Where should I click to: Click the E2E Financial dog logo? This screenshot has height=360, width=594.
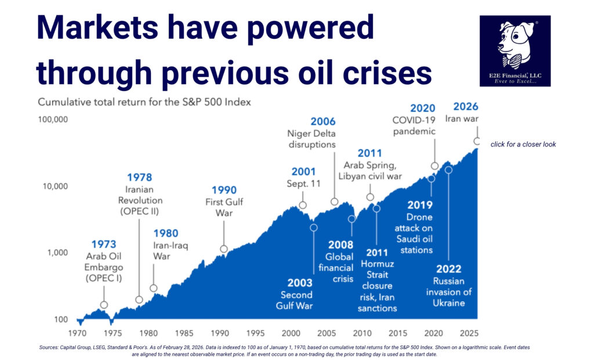click(515, 50)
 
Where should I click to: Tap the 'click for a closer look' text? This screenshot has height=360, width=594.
click(523, 144)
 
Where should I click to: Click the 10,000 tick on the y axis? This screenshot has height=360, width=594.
click(54, 187)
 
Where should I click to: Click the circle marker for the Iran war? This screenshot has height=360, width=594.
click(477, 141)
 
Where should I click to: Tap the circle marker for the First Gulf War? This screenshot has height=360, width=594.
click(224, 249)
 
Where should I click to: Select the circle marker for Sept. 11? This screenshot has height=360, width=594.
click(303, 205)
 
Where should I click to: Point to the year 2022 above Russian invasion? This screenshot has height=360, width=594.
click(448, 268)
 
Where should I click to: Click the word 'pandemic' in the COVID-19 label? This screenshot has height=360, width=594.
click(415, 131)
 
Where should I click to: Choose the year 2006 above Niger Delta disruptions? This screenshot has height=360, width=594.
click(323, 122)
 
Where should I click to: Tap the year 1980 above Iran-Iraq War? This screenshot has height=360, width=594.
click(166, 232)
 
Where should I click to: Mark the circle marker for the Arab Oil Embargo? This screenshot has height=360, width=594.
click(104, 305)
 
